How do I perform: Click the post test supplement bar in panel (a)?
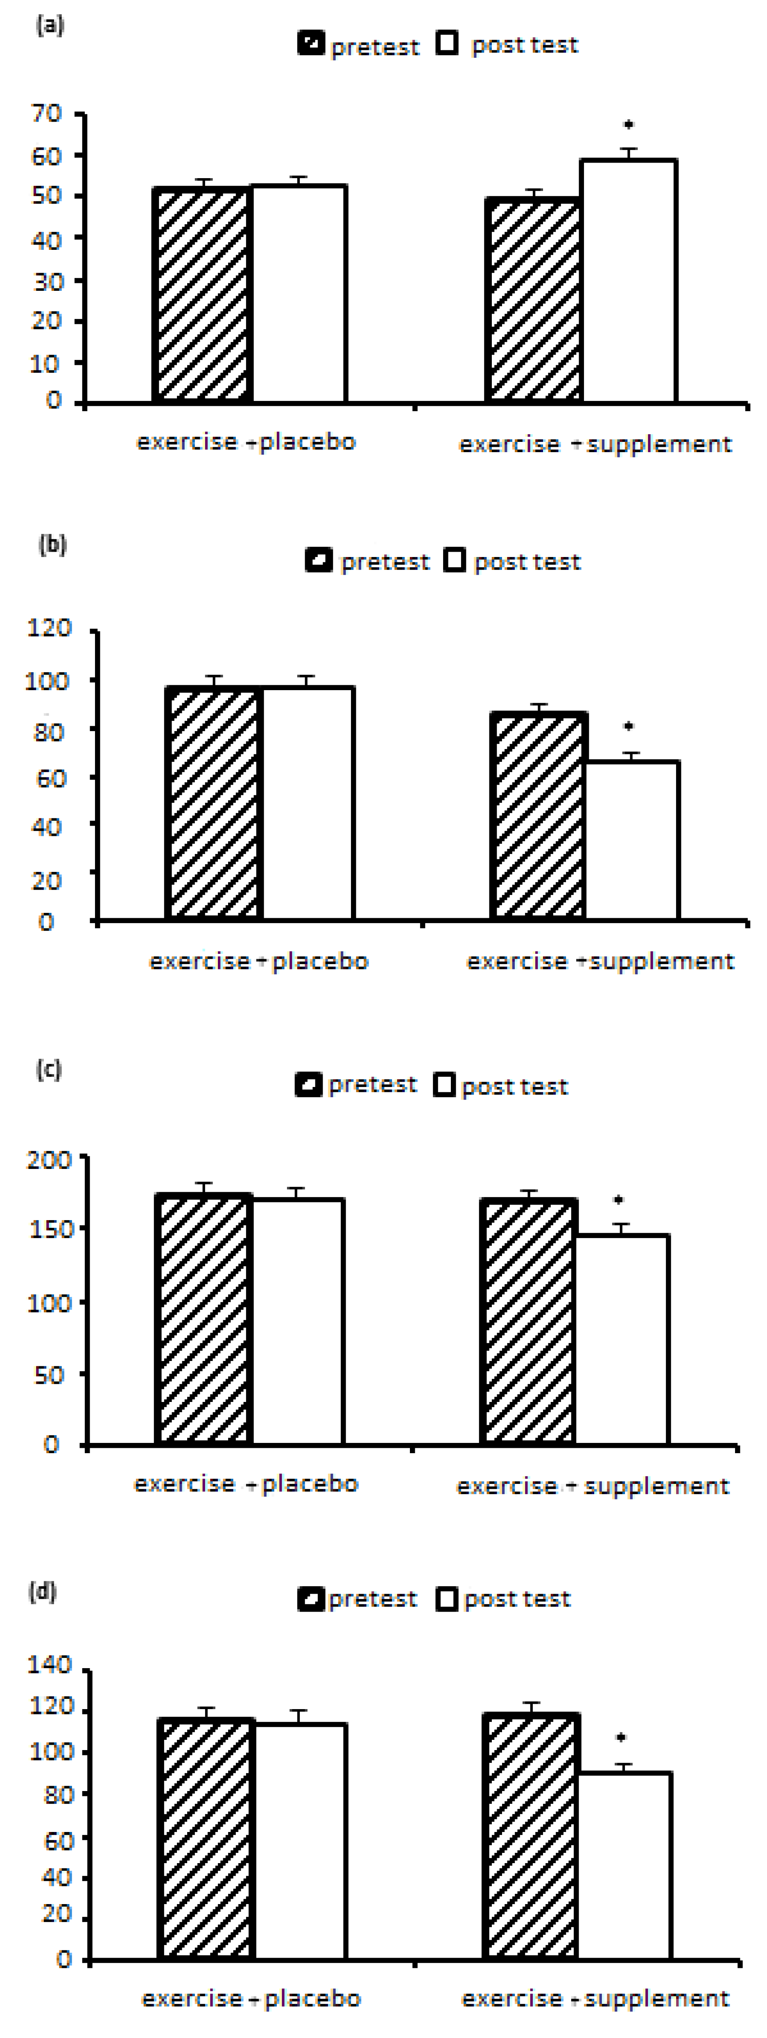pos(629,281)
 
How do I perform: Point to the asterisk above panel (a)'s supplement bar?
pos(629,124)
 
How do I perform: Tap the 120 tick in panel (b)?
pos(49,628)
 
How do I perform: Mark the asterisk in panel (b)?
pos(629,725)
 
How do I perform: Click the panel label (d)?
pos(43,1591)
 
